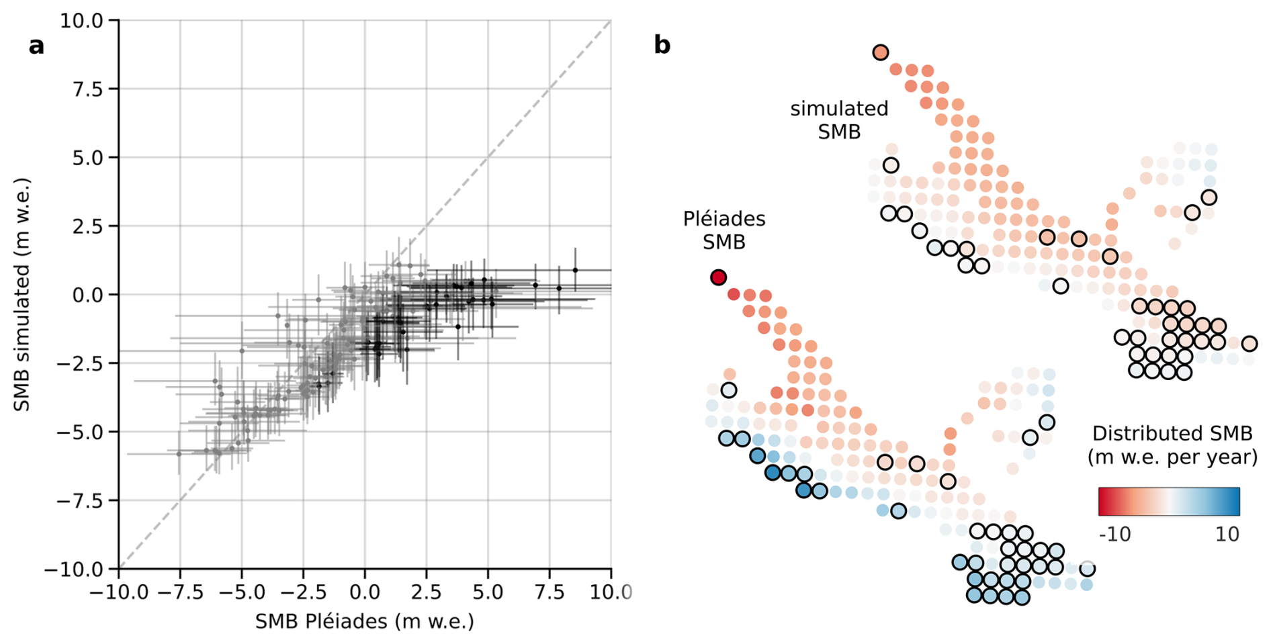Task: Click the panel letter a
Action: tap(36, 46)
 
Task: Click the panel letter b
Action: tap(662, 45)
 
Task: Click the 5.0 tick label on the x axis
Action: tap(488, 592)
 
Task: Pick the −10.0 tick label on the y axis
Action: tap(73, 569)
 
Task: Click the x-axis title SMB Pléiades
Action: tap(364, 622)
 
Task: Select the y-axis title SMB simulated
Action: tap(23, 295)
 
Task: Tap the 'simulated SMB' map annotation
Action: tap(839, 120)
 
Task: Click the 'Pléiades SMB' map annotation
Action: tap(724, 230)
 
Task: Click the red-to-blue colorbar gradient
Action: tap(1169, 502)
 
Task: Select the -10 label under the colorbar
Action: tap(1114, 535)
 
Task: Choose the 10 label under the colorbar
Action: tap(1227, 535)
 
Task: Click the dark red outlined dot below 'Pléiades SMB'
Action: tap(718, 277)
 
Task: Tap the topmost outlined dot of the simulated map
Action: tap(880, 52)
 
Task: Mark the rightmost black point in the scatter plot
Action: tap(575, 270)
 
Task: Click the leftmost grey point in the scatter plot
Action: tap(179, 454)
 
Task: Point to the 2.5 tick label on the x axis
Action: tap(426, 592)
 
